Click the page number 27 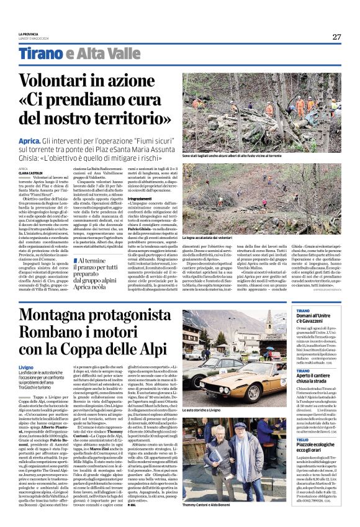coord(336,37)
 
